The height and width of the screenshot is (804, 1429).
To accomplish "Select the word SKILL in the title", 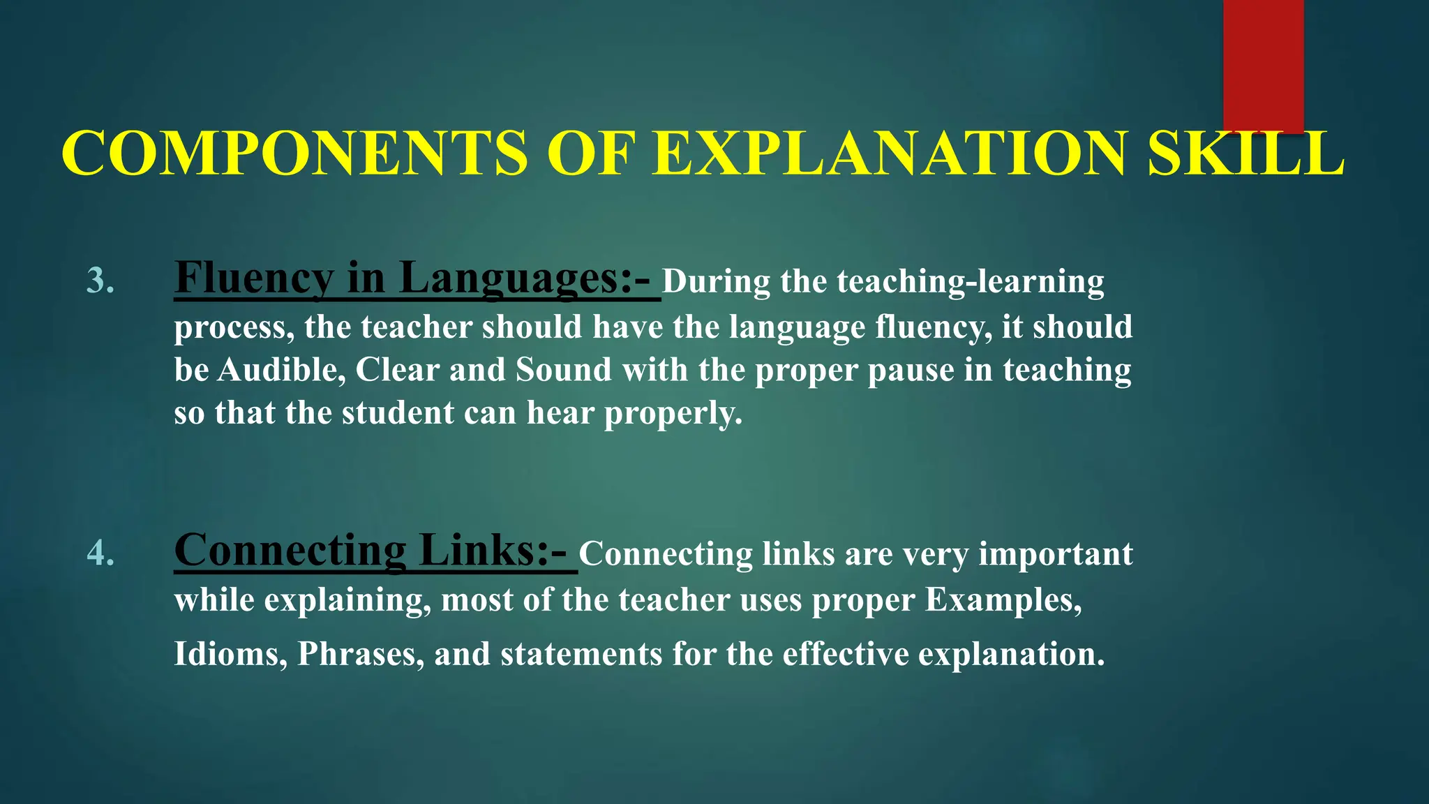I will pyautogui.click(x=1245, y=153).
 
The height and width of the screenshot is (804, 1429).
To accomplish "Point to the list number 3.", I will pyautogui.click(x=100, y=281).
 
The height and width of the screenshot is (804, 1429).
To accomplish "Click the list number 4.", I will pyautogui.click(x=100, y=553).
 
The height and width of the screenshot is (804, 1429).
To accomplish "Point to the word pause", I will pyautogui.click(x=911, y=370).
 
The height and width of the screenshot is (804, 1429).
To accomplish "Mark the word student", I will pyautogui.click(x=398, y=413).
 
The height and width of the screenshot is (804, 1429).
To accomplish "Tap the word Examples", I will pyautogui.click(x=1003, y=600).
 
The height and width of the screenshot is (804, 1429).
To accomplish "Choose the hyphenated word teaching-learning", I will pyautogui.click(x=971, y=282).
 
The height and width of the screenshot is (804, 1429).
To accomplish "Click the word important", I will pyautogui.click(x=1055, y=554).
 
